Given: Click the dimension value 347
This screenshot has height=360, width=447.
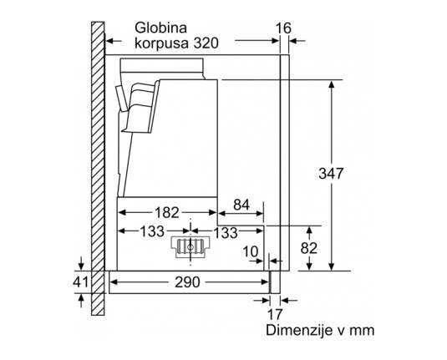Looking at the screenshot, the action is (x=331, y=173).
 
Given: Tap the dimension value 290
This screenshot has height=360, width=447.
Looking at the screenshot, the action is (x=187, y=282).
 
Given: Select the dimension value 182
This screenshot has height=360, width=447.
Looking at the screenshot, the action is (x=166, y=212).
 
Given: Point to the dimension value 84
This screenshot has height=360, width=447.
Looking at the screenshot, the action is (x=241, y=205).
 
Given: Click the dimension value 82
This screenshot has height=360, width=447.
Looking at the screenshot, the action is (x=309, y=248).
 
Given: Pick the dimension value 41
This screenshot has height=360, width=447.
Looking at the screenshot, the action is (x=81, y=281).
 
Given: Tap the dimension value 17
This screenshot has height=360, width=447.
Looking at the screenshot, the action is (x=275, y=314).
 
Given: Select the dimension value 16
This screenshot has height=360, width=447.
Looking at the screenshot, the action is (x=283, y=28).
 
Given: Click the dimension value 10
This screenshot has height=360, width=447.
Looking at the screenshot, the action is (x=250, y=252).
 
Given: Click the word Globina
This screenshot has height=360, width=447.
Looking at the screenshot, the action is (x=160, y=28).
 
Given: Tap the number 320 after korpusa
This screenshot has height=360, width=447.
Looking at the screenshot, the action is (x=206, y=43).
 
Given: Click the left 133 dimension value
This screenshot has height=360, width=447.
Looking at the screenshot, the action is (x=152, y=231).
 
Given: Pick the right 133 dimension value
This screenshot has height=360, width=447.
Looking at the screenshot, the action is (x=226, y=232).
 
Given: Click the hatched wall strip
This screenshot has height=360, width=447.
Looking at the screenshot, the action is (x=98, y=169).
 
